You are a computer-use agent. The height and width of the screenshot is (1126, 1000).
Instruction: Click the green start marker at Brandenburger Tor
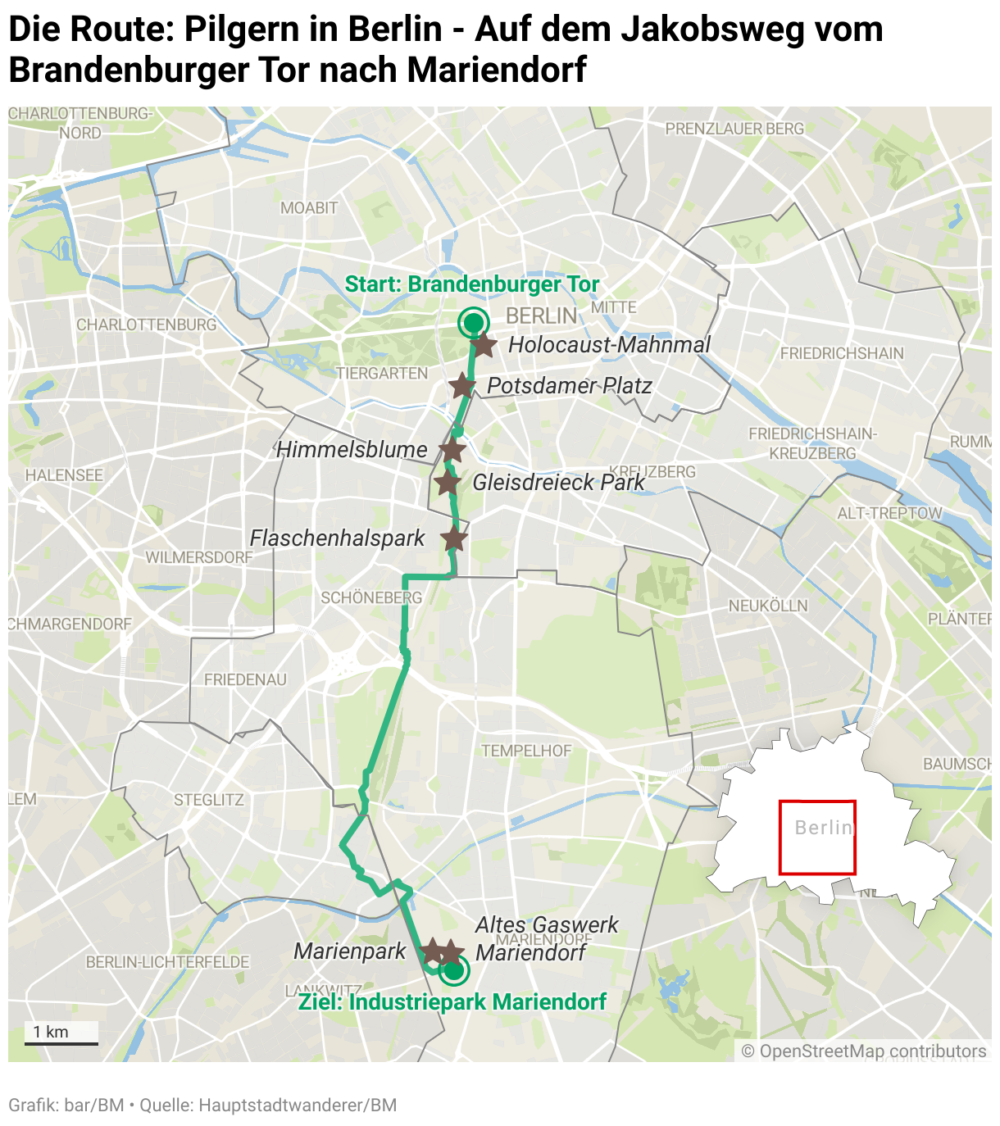473,323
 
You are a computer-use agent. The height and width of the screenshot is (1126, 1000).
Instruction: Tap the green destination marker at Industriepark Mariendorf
453,972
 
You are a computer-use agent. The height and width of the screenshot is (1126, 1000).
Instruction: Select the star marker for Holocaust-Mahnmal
484,346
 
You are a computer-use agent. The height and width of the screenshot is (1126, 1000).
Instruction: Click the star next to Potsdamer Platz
462,385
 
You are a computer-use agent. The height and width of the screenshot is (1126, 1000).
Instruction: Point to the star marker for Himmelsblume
452,450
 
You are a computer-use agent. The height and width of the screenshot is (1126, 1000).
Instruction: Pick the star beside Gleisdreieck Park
447,484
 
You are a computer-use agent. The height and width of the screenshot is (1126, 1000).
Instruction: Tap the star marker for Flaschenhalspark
454,539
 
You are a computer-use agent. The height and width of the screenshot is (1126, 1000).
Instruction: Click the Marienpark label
349,951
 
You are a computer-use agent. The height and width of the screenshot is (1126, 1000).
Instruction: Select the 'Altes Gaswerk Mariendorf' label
546,938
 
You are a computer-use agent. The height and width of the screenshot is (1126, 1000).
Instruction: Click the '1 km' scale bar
61,1033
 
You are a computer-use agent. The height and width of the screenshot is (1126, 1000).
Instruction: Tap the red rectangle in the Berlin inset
816,837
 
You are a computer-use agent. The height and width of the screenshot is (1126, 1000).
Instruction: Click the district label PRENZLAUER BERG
734,129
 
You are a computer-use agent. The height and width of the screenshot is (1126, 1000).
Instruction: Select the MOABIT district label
309,208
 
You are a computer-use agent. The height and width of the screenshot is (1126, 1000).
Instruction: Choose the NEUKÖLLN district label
768,606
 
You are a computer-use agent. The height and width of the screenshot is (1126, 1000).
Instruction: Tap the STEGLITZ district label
209,800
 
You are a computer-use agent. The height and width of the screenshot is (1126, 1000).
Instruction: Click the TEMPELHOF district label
526,751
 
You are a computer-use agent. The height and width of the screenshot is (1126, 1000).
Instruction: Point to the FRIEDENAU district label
245,680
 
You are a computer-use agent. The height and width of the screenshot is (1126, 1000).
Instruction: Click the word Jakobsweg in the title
707,30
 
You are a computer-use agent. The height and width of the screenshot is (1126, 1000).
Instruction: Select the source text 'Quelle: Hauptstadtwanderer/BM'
268,1106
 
